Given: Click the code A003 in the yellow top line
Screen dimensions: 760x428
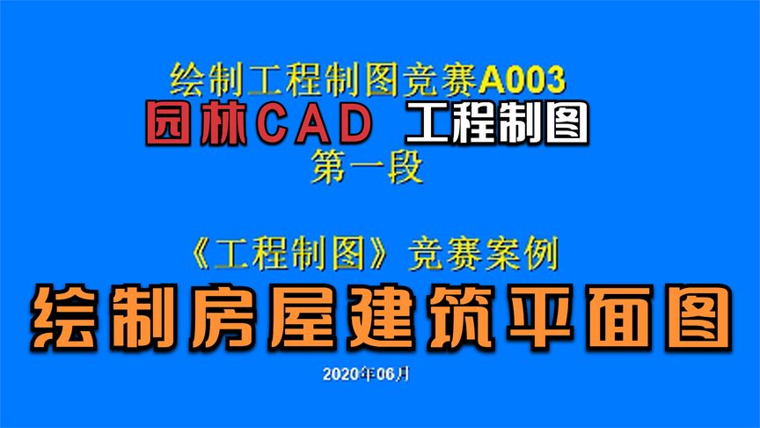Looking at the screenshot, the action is pyautogui.click(x=522, y=80).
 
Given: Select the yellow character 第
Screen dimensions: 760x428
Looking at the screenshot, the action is pyautogui.click(x=330, y=167).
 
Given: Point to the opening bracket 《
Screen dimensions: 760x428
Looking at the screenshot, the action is pyautogui.click(x=200, y=254).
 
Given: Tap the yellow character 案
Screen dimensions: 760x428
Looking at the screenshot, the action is pyautogui.click(x=502, y=254).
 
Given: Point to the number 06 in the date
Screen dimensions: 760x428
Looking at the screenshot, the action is pyautogui.click(x=383, y=374).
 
